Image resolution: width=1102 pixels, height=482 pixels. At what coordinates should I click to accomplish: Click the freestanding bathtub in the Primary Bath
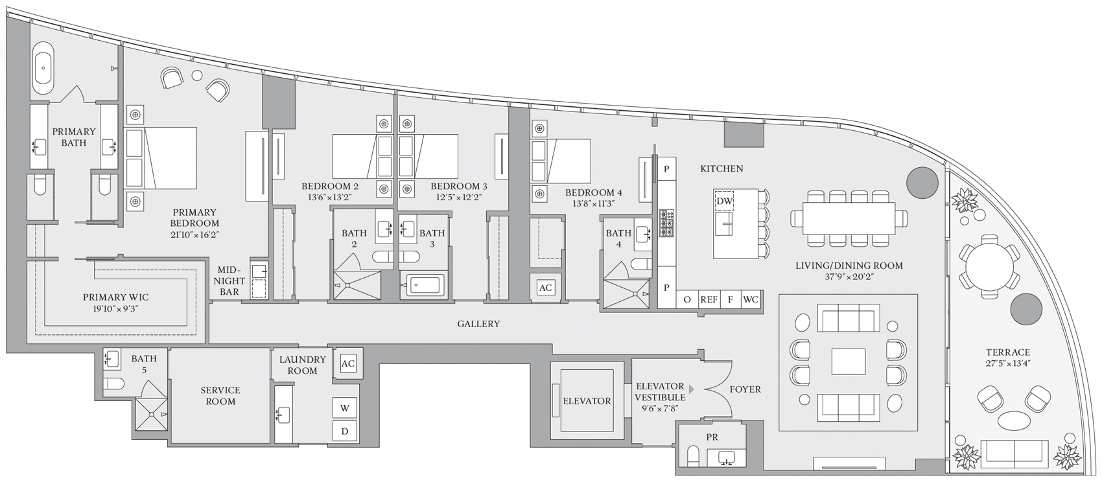pos(43,69)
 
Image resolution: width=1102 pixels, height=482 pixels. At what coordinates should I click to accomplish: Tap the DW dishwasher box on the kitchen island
pos(723,201)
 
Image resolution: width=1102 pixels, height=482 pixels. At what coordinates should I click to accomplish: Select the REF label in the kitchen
pos(709,299)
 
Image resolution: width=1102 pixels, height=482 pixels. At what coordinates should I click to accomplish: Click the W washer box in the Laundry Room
pos(344,407)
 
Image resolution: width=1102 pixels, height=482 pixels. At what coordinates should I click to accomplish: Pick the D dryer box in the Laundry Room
pos(344,431)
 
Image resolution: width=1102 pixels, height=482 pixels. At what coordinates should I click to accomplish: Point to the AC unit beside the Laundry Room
pos(348,363)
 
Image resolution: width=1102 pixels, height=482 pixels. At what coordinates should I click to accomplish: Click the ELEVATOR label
pos(587,401)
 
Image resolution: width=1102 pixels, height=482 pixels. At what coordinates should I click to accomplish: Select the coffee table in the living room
pos(849,361)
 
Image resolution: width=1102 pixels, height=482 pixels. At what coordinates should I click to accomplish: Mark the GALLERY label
pos(478,324)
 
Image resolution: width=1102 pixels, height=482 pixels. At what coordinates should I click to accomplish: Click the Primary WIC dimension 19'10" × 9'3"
pos(115,309)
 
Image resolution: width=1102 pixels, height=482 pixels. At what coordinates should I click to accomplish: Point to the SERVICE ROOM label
pos(220,396)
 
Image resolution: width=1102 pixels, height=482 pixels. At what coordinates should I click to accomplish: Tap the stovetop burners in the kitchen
pos(666,224)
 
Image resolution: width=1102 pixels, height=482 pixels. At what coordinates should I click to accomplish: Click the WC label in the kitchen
pos(751,299)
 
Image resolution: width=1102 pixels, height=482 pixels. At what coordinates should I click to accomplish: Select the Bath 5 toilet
pos(113,384)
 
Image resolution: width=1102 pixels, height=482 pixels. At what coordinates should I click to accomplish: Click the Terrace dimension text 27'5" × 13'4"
pos(1007,363)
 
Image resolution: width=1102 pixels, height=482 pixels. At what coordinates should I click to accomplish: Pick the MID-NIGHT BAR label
pos(229,281)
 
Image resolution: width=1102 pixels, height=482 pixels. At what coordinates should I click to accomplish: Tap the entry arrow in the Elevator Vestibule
pos(691,389)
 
